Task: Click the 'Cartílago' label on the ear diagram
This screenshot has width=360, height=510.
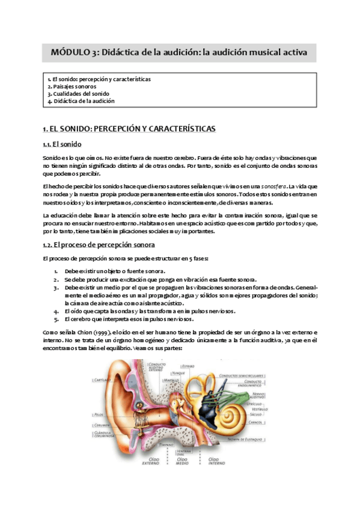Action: click(x=99, y=380)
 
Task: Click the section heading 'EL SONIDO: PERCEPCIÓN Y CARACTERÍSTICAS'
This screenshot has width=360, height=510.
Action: click(x=129, y=129)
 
